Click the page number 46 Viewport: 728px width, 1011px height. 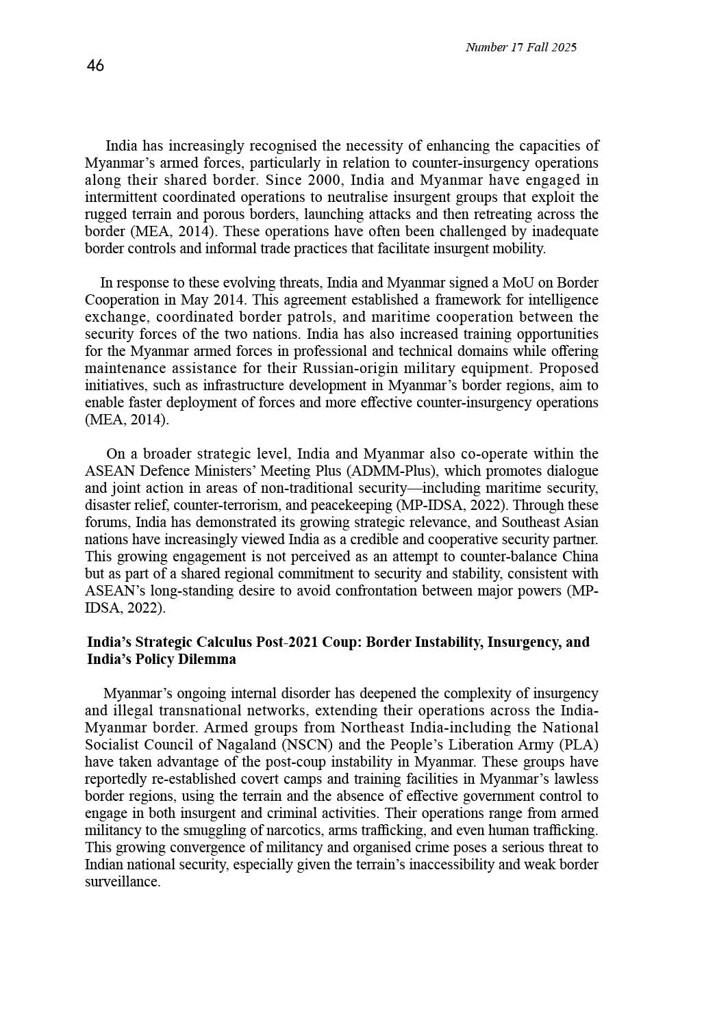[96, 66]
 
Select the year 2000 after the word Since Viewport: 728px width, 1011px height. [324, 181]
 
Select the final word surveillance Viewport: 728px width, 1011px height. [123, 882]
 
